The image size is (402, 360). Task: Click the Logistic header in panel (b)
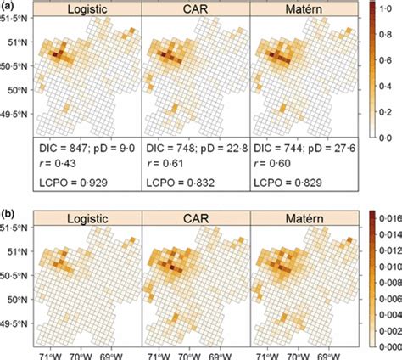click(x=84, y=217)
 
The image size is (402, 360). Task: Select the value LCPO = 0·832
click(x=182, y=180)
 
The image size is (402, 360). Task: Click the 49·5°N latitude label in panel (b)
click(x=15, y=323)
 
